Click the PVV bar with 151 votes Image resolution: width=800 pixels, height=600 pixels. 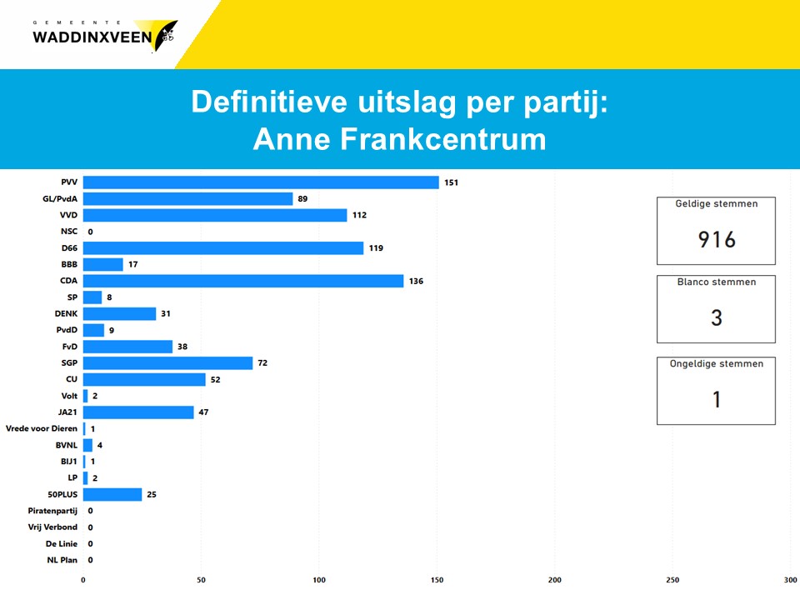tap(261, 182)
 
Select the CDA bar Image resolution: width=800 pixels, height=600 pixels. tap(243, 281)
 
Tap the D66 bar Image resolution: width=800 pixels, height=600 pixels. tap(223, 248)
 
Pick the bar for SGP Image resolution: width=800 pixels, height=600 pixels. tap(167, 363)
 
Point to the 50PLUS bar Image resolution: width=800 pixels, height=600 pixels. tap(112, 495)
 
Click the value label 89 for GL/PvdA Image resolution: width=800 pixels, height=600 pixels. tap(303, 199)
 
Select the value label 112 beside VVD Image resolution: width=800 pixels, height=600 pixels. tap(359, 215)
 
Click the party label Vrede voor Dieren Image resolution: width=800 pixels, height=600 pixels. tap(42, 429)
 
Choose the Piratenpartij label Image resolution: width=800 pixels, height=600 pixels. tap(51, 511)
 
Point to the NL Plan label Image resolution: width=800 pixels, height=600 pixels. tap(62, 560)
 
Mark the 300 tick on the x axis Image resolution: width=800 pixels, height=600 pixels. tap(791, 580)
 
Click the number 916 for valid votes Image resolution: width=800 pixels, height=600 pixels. tap(717, 240)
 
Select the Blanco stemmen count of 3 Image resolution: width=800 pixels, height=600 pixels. tap(717, 317)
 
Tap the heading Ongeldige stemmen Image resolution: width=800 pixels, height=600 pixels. tap(716, 364)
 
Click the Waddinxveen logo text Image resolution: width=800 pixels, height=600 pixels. tap(92, 36)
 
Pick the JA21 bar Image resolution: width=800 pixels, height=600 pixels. tap(138, 412)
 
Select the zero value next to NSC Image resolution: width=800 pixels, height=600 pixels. tap(90, 232)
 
